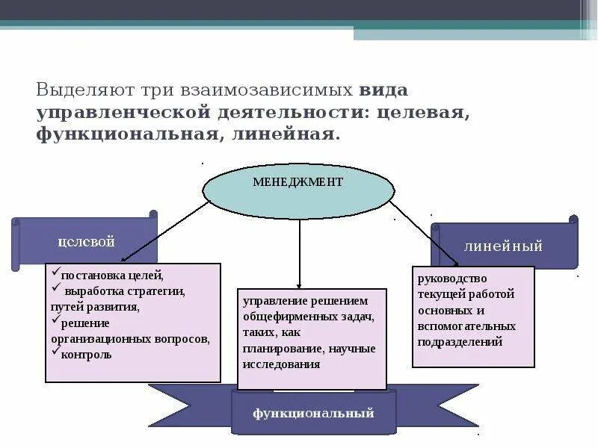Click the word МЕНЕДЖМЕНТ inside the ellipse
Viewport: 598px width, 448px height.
298,181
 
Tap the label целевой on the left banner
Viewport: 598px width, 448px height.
86,242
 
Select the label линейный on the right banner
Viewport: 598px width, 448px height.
503,246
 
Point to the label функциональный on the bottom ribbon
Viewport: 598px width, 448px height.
313,413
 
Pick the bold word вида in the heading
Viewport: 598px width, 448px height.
383,91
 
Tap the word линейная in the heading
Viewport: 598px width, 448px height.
285,135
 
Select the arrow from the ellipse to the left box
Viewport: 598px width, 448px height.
164,231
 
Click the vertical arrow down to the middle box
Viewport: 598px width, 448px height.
299,254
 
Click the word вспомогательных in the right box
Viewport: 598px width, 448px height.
467,326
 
